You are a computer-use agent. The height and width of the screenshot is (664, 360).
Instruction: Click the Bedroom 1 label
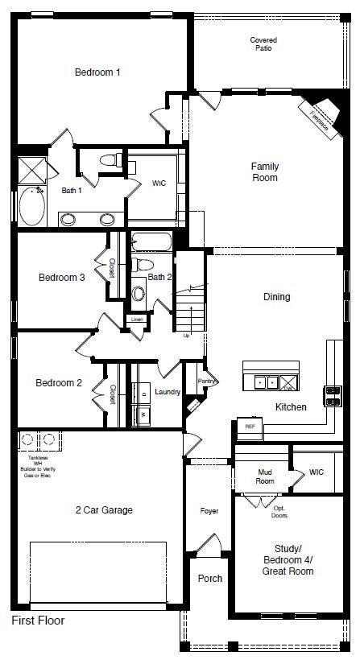click(97, 72)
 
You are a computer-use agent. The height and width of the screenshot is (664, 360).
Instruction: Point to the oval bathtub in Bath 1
click(33, 206)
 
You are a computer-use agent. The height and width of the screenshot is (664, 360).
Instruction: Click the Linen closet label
click(139, 320)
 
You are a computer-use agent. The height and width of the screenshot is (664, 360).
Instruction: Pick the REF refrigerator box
click(249, 426)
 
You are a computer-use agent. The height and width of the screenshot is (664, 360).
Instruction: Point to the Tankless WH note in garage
click(37, 466)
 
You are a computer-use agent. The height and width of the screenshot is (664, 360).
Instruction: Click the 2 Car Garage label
click(103, 509)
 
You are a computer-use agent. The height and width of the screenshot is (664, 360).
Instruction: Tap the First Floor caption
click(37, 621)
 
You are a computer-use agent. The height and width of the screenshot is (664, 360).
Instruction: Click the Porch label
click(209, 579)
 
